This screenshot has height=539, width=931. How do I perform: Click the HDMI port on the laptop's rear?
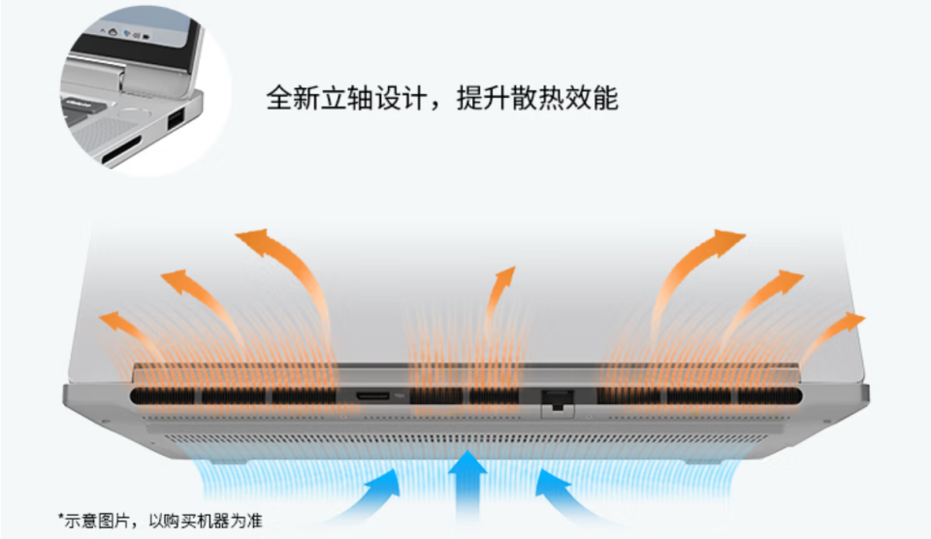pyautogui.click(x=372, y=396)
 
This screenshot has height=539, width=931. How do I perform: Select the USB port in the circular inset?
pyautogui.click(x=176, y=121)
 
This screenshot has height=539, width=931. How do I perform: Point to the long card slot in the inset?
pyautogui.click(x=121, y=150)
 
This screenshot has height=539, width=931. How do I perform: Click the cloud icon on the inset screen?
pyautogui.click(x=112, y=31)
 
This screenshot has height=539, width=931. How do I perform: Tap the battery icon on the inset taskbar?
pyautogui.click(x=146, y=37)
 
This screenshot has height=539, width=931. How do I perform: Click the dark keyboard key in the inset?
pyautogui.click(x=78, y=104)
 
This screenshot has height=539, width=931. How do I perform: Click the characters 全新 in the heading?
pyautogui.click(x=293, y=98)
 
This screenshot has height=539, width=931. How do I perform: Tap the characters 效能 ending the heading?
pyautogui.click(x=592, y=98)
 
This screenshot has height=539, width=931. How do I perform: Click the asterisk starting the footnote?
pyautogui.click(x=60, y=518)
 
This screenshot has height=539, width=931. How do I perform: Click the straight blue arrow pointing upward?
pyautogui.click(x=467, y=487)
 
